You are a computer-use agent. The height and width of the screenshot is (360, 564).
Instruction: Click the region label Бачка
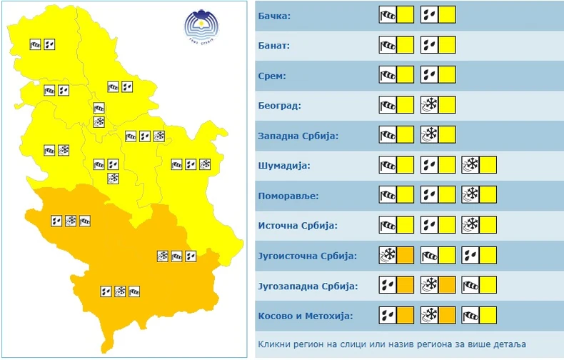pos(275,15)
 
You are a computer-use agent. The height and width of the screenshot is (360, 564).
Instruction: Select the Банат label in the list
pos(275,45)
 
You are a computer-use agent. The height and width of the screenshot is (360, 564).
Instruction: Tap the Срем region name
pos(272,75)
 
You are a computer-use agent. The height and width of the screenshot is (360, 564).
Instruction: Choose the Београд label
pos(279,106)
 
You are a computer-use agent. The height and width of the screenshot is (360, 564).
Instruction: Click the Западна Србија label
pos(296,136)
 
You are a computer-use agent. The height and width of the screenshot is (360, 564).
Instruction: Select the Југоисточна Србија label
pos(306,256)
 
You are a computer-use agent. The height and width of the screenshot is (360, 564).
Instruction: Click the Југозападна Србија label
pos(308,286)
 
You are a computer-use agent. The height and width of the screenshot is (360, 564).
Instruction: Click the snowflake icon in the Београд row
pos(429,106)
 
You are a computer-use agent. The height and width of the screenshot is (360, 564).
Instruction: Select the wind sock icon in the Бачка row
pos(388,15)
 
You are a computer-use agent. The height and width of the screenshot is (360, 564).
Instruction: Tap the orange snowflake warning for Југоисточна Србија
pos(388,256)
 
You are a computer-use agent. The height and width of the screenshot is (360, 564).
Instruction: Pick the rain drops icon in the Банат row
pos(429,45)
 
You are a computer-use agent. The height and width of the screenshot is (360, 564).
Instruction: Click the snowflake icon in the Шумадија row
pos(470,166)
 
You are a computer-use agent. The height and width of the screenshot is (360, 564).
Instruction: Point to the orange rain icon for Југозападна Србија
pos(388,286)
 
